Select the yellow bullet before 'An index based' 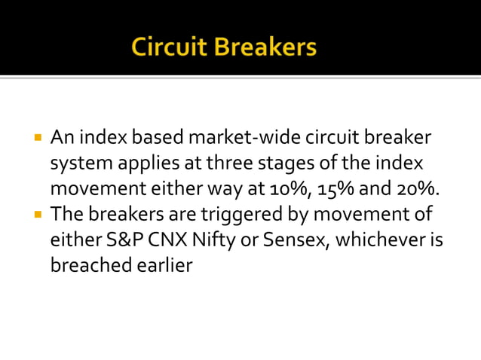[38, 139]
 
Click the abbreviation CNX [155, 240]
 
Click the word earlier [162, 266]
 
